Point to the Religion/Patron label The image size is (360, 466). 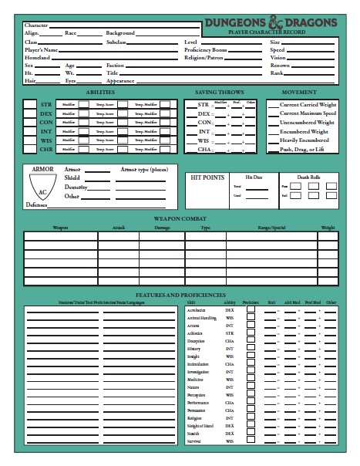205,58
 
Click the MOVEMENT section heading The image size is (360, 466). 301,93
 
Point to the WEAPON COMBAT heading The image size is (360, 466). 179,219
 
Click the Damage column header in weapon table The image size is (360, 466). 163,228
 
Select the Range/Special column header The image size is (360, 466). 273,228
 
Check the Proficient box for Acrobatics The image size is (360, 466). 251,309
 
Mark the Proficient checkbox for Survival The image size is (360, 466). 251,442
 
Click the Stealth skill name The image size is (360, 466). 194,434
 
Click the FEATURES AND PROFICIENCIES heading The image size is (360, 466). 179,294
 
